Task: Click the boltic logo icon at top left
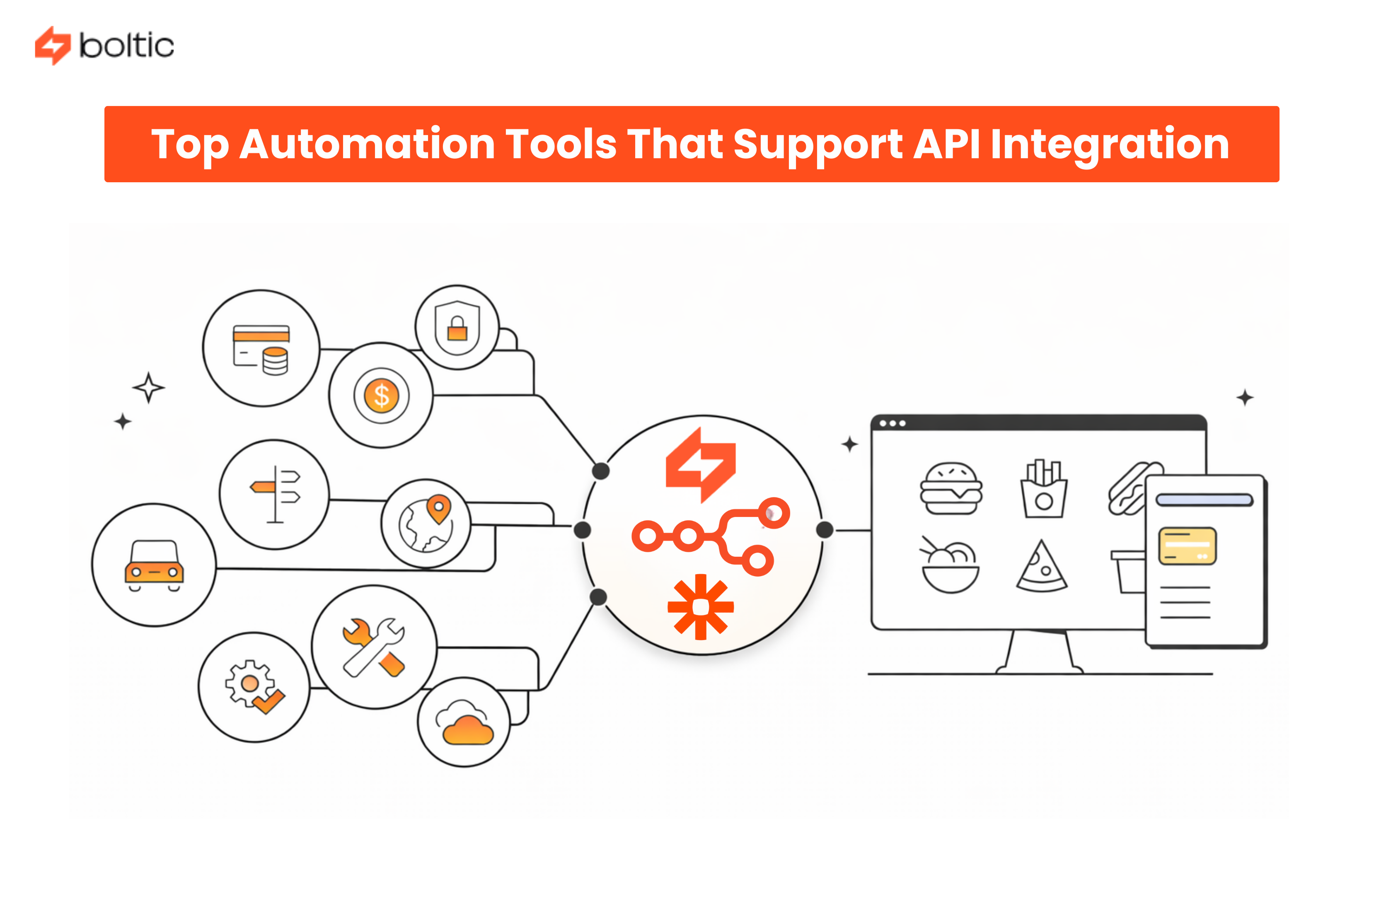click(x=52, y=45)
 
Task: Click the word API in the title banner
click(x=946, y=144)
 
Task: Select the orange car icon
click(x=154, y=565)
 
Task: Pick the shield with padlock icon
click(x=457, y=327)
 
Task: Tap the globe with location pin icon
click(x=426, y=523)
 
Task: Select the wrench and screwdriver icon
click(x=374, y=647)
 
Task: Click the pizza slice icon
click(x=1041, y=567)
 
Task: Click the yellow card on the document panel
click(x=1187, y=546)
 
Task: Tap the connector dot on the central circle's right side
click(x=824, y=530)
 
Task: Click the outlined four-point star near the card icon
click(x=148, y=387)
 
